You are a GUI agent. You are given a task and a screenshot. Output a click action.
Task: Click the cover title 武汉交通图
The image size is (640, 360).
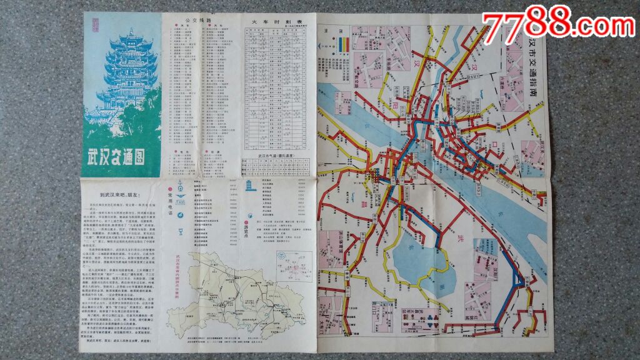coord(117,157)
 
